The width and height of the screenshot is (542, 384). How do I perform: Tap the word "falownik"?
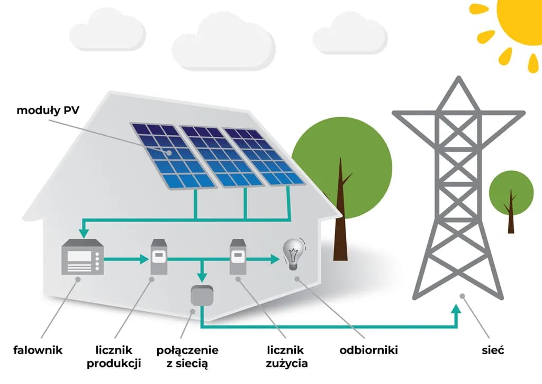(38, 350)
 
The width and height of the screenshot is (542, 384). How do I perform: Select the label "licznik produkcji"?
(113, 356)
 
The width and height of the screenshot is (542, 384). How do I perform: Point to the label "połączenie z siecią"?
(187, 356)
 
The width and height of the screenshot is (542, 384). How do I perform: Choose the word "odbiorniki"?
(368, 350)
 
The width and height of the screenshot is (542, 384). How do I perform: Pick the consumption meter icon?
(238, 257)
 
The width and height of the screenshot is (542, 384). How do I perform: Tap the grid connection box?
(202, 296)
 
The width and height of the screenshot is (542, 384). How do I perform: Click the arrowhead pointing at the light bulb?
(274, 259)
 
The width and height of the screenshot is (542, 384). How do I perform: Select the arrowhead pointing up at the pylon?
(457, 308)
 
